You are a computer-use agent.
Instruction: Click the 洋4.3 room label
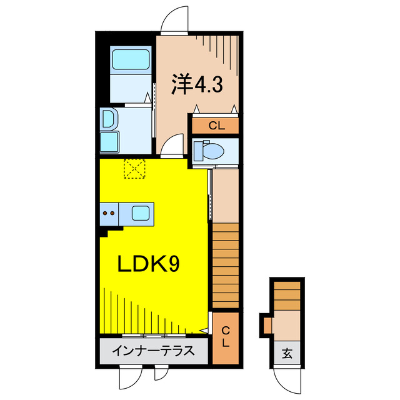click(x=196, y=85)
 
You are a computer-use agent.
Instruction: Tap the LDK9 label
click(x=149, y=264)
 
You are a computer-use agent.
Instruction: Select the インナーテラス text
click(x=152, y=351)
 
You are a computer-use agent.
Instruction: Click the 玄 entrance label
click(x=287, y=353)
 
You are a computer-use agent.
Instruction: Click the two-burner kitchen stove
click(x=109, y=214)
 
